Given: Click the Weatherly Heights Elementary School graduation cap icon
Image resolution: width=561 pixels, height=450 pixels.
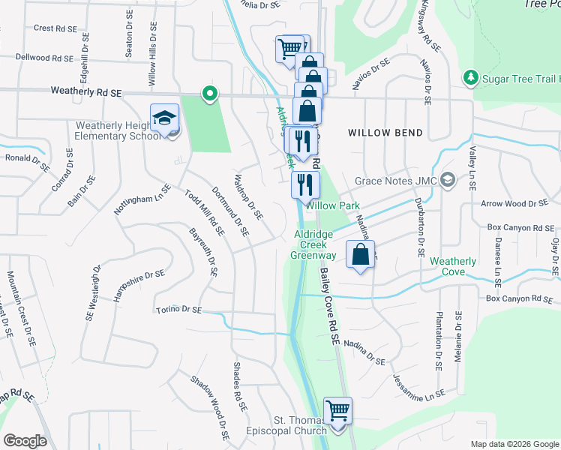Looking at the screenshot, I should click(x=165, y=118).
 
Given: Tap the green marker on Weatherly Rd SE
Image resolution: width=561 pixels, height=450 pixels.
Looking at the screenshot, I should click(x=210, y=94).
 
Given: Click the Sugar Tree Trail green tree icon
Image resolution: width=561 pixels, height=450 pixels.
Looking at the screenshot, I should click(x=470, y=76).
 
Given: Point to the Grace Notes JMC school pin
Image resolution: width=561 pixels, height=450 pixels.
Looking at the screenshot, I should click(x=448, y=180).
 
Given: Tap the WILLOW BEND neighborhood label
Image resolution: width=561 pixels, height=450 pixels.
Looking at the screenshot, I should click(x=385, y=133).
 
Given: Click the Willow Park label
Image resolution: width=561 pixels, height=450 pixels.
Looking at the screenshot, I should click(x=333, y=205).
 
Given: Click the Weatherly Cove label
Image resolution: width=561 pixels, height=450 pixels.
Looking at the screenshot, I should click(x=453, y=266).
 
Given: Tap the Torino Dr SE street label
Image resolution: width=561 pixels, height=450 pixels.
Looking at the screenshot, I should click(x=179, y=309).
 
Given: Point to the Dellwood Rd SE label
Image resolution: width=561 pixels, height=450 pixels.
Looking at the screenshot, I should click(x=43, y=57).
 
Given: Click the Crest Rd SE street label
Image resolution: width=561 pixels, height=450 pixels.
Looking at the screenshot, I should click(x=55, y=28).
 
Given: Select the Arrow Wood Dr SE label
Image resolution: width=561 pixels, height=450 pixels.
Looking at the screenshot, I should click(x=514, y=203).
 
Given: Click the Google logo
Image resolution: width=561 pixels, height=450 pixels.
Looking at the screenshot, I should click(x=25, y=441).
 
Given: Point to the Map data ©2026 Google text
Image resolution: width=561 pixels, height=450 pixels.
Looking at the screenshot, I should click(x=514, y=444).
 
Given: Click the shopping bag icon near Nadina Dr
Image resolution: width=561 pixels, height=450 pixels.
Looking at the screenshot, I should click(x=361, y=254).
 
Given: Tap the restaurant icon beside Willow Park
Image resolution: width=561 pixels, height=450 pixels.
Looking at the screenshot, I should click(x=305, y=184).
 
